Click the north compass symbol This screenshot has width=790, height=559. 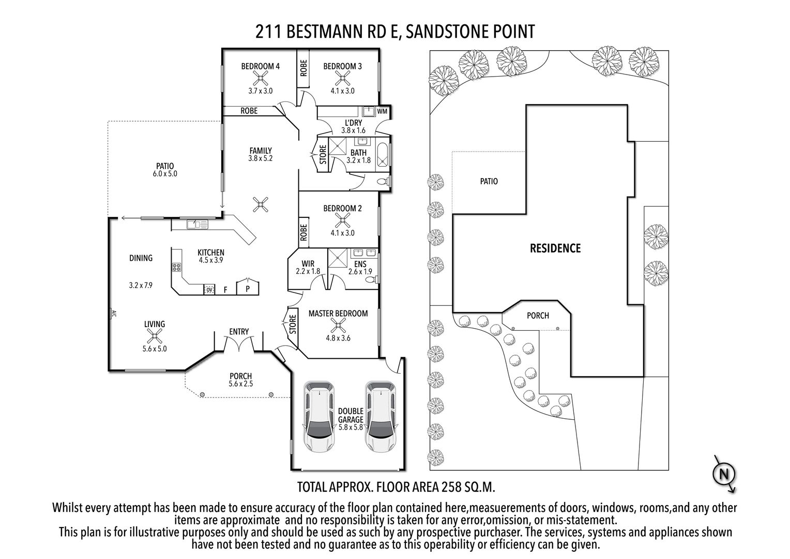tap(724, 474)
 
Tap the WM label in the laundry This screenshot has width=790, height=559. tap(382, 112)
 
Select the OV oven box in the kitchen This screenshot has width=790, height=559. tap(209, 289)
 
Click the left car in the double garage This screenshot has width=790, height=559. tap(319, 417)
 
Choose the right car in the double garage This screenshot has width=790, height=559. tap(381, 417)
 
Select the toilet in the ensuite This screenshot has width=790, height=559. tap(371, 279)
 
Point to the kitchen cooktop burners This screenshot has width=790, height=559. tap(176, 267)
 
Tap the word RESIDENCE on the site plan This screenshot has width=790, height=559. tap(555, 248)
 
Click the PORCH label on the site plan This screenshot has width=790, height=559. tap(538, 315)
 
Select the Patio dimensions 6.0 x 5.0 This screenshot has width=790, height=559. tap(165, 174)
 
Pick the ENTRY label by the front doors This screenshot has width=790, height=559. tap(239, 332)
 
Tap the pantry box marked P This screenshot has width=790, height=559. tap(248, 286)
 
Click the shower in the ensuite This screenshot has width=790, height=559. tap(338, 258)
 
